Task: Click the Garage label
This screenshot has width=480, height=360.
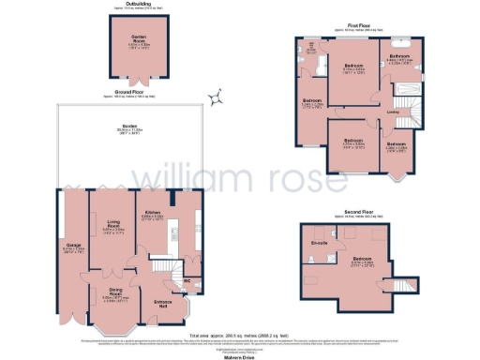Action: (x=70, y=246)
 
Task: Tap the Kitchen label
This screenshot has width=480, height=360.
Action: (x=151, y=213)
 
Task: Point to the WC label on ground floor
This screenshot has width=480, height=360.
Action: (x=187, y=279)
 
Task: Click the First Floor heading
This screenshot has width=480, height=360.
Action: (x=367, y=25)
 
